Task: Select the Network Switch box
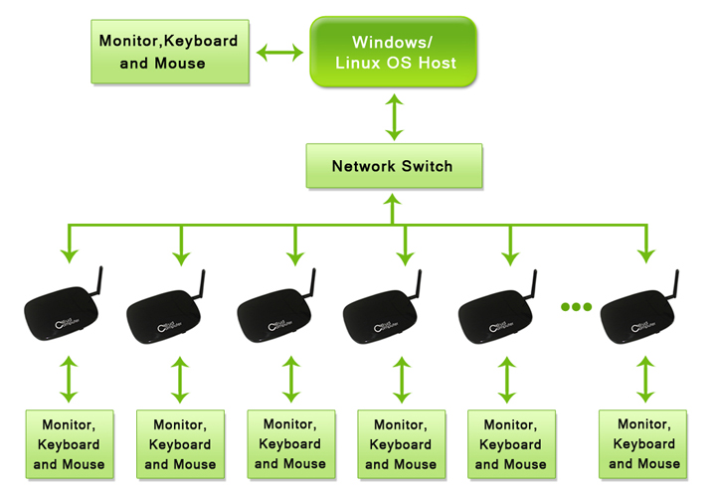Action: tap(393, 166)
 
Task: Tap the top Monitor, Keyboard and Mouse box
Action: tap(168, 52)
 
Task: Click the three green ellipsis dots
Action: tap(576, 306)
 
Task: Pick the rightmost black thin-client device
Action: tap(640, 314)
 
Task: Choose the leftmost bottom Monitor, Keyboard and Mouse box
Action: tap(69, 444)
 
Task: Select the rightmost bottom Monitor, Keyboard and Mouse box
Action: tap(644, 443)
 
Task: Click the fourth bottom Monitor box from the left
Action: tap(401, 444)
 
